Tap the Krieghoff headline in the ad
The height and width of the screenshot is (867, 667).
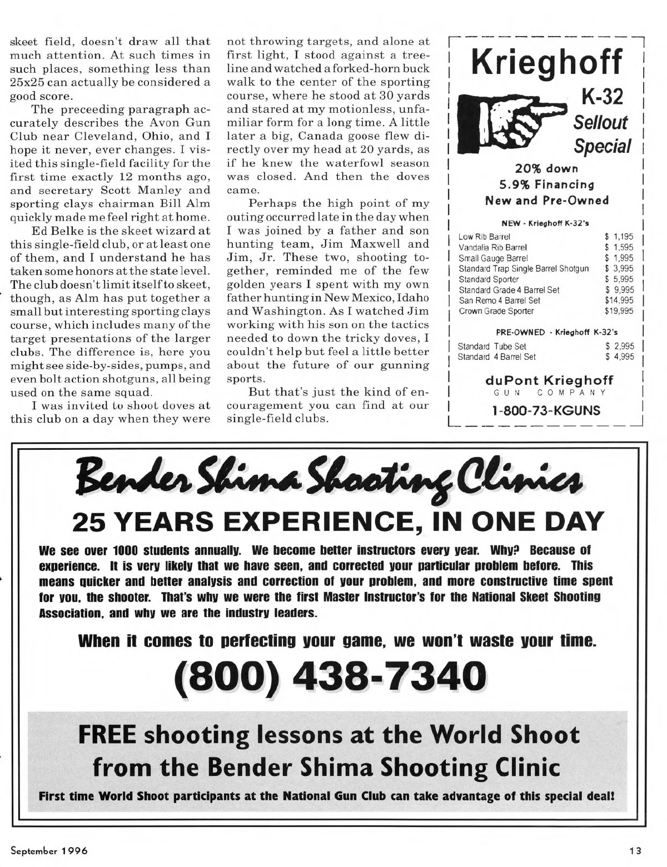(x=545, y=63)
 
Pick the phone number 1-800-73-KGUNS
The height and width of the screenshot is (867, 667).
(x=545, y=410)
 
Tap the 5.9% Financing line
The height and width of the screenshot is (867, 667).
(x=545, y=184)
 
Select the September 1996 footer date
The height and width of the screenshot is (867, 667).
(x=49, y=850)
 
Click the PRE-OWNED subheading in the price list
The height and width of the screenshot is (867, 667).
(x=520, y=332)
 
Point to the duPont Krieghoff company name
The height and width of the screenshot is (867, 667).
(x=549, y=380)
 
